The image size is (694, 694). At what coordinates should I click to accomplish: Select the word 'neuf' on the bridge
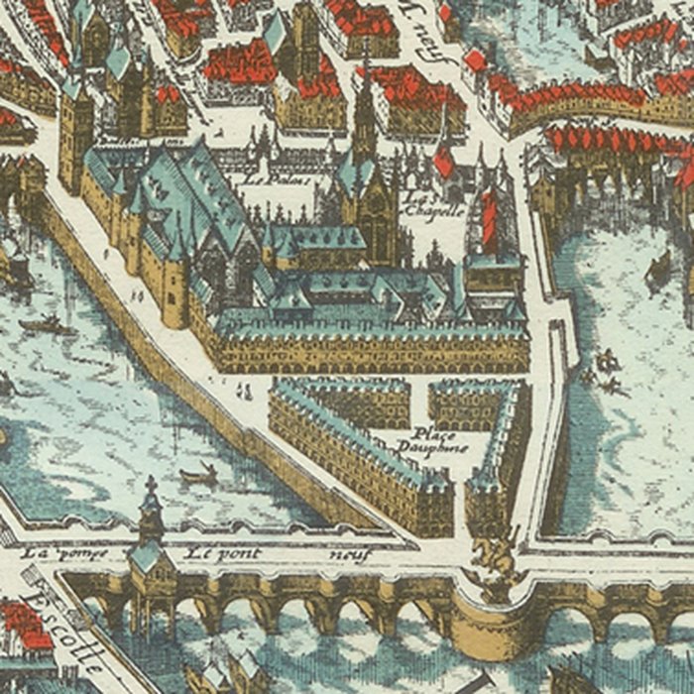[x=348, y=555]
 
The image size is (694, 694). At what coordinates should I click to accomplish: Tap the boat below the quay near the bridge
[x=199, y=475]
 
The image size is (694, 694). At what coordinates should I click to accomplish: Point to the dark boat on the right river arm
[x=657, y=270]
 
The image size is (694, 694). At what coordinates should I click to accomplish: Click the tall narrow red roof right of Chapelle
[x=488, y=218]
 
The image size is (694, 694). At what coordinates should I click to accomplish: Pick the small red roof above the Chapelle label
[x=443, y=162]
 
